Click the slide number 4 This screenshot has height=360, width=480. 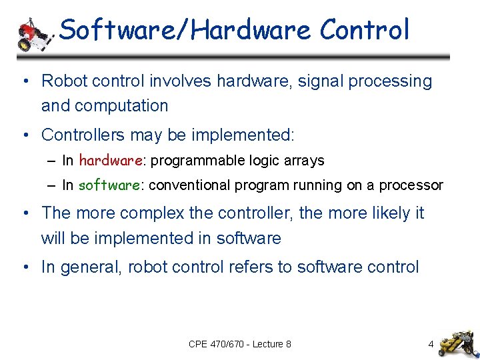(x=431, y=344)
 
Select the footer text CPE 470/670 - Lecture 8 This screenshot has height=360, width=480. (x=239, y=344)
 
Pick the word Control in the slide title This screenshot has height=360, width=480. (x=364, y=30)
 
